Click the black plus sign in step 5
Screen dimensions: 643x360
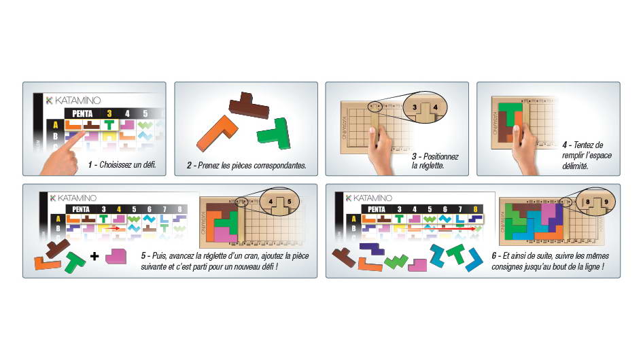pyautogui.click(x=94, y=256)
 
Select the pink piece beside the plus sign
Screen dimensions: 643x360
pyautogui.click(x=116, y=256)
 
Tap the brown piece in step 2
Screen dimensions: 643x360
pyautogui.click(x=249, y=106)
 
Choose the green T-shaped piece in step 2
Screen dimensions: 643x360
pyautogui.click(x=275, y=134)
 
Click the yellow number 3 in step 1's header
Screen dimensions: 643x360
pyautogui.click(x=109, y=113)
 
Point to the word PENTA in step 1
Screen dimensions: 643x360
pyautogui.click(x=82, y=113)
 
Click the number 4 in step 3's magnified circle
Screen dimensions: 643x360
pyautogui.click(x=435, y=107)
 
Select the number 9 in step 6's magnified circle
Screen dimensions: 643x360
pyautogui.click(x=606, y=202)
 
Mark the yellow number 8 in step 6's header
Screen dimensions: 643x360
pyautogui.click(x=475, y=209)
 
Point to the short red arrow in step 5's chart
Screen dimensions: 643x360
pyautogui.click(x=111, y=228)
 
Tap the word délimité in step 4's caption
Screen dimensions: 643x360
pyautogui.click(x=575, y=166)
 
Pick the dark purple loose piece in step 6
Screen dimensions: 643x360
pyautogui.click(x=372, y=249)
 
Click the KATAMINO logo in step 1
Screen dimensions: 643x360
pyautogui.click(x=73, y=101)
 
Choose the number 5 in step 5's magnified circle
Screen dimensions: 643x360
pyautogui.click(x=289, y=202)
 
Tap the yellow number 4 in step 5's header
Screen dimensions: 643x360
pyautogui.click(x=119, y=209)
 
